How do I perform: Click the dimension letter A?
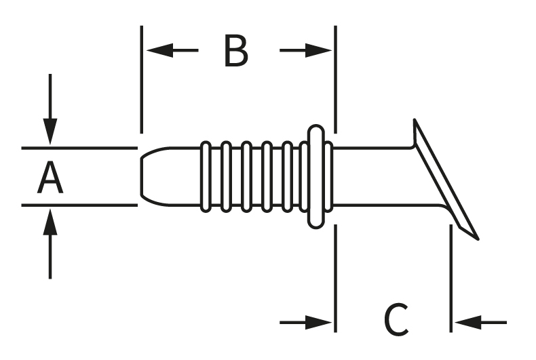(x=50, y=178)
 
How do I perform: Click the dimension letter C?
(x=396, y=319)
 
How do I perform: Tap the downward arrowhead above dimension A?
(x=50, y=132)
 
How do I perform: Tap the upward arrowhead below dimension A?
(x=50, y=220)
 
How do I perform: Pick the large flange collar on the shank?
(x=315, y=176)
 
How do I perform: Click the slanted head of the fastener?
(x=444, y=180)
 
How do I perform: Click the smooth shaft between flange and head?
(x=373, y=176)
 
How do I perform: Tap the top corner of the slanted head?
(x=415, y=121)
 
